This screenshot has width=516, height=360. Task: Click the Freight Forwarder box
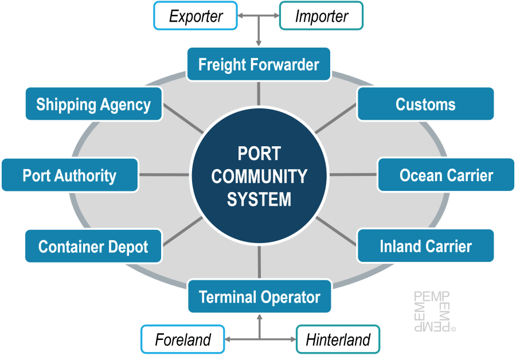coord(259,64)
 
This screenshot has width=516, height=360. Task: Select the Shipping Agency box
coord(93,104)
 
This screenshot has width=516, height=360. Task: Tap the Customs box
coord(425,104)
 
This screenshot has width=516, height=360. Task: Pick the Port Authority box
coord(69,175)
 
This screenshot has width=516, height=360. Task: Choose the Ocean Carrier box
coord(446,175)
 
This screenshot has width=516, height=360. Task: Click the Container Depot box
coord(93,246)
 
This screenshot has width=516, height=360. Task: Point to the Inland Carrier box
coord(425,246)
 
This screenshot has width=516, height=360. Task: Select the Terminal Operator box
coord(259,297)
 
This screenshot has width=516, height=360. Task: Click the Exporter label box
coord(196,16)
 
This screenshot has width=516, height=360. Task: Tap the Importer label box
coord(321,16)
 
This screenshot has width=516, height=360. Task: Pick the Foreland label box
coord(183,339)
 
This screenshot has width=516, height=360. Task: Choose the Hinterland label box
coord(338,339)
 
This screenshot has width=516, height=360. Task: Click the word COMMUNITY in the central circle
coord(259,176)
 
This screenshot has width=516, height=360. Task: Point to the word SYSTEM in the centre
coord(259,199)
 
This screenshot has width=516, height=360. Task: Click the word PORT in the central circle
coord(259,154)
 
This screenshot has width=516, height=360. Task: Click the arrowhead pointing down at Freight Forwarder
coord(259,42)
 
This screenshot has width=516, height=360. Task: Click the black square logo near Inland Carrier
coord(433,312)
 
